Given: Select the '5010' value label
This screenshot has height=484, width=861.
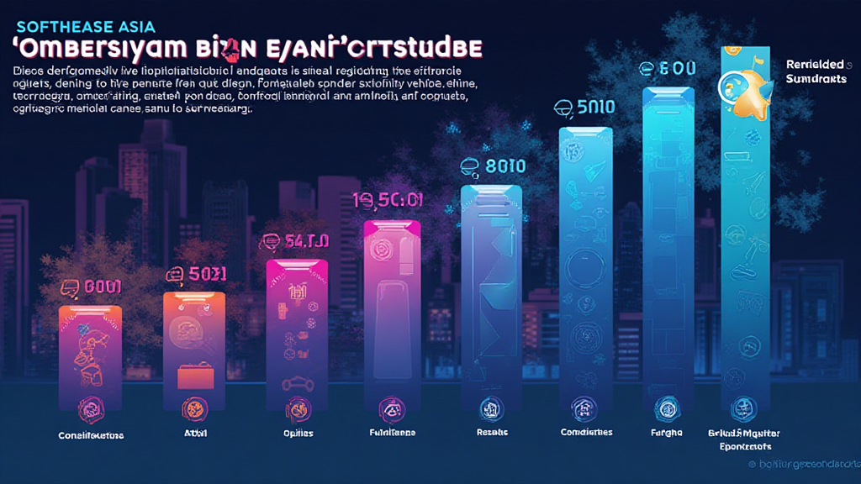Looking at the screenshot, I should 585,107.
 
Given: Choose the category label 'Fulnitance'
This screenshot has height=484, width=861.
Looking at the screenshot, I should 392,433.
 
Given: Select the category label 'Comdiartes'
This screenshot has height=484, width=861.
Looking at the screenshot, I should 586,433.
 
